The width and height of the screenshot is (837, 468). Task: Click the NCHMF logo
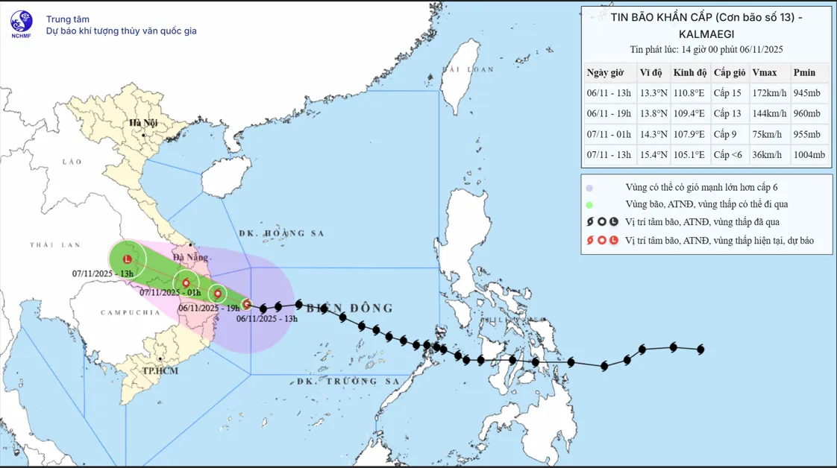coord(22,22)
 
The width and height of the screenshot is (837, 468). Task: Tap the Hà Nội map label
coord(142,123)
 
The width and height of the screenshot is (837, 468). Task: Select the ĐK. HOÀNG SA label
coord(282,233)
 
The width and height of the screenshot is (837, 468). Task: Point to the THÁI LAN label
coord(54,245)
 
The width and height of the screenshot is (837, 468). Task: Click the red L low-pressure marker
coord(128,259)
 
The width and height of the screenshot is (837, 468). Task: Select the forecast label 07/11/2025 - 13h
coord(103,273)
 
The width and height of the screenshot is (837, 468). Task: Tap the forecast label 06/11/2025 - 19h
coord(209,308)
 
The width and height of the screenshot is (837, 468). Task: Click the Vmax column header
coord(765,72)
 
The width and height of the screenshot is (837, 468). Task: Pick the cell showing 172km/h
coord(768,93)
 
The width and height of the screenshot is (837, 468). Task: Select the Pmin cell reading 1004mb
coord(809,155)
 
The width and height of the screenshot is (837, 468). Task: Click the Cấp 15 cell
coord(727,93)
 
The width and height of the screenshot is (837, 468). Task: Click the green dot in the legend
coord(589,205)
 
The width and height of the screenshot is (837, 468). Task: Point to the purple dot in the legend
coord(589,188)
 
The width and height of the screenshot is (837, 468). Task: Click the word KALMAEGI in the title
coord(706,34)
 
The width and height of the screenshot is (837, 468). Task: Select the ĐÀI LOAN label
coord(468,69)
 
